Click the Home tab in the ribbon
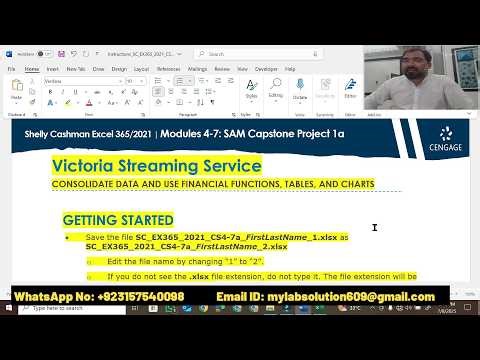(31, 69)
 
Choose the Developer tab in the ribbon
(267, 69)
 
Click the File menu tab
(11, 69)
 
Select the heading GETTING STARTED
(118, 220)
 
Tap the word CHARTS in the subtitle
(354, 184)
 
